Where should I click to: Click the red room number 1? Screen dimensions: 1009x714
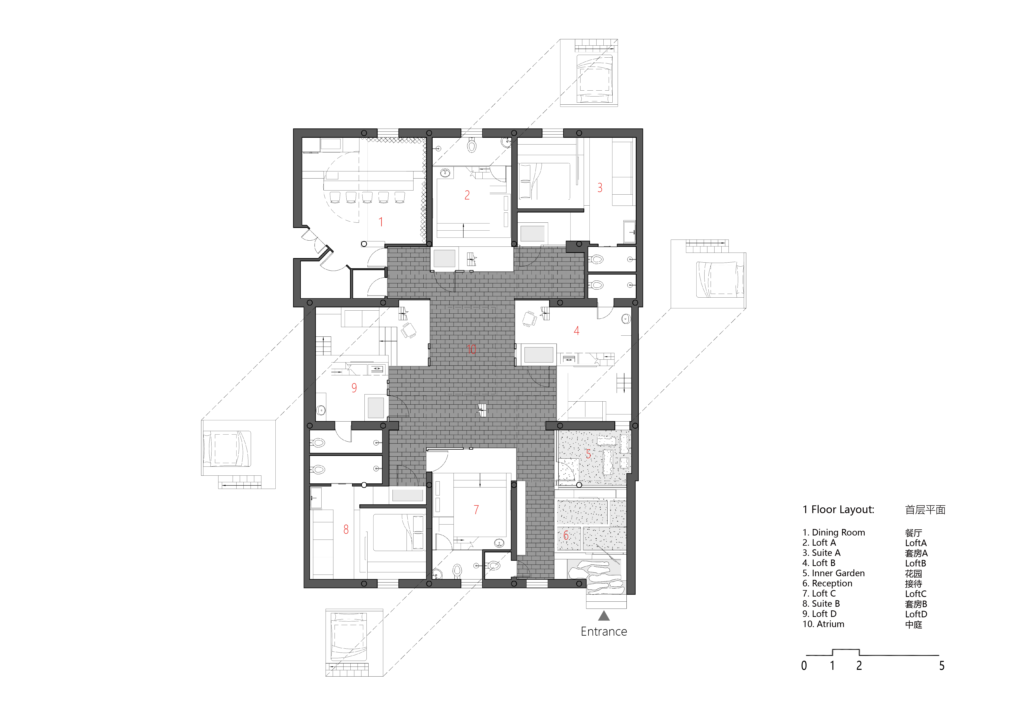[x=381, y=222]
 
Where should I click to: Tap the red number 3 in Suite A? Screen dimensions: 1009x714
[x=600, y=188]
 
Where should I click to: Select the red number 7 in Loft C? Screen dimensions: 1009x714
[x=476, y=510]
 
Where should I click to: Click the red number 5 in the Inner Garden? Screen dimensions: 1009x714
[x=588, y=454]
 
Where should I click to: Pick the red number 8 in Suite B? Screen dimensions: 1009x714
[x=346, y=529]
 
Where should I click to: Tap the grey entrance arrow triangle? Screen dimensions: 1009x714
[x=604, y=616]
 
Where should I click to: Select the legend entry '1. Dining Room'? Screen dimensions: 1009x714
[x=834, y=532]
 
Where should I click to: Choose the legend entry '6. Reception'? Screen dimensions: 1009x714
[x=828, y=583]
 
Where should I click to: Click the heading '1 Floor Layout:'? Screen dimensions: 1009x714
[x=839, y=510]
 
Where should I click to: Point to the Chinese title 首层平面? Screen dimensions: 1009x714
[x=925, y=510]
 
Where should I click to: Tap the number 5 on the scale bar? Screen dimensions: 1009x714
[x=942, y=666]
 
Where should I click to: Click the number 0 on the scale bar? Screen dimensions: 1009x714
[x=804, y=666]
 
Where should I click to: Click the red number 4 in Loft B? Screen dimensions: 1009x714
[x=577, y=331]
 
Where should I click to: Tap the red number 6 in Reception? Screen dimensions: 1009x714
[x=566, y=535]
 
